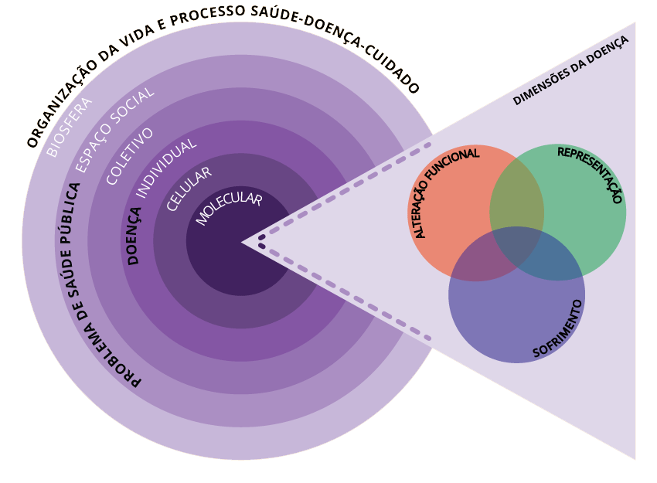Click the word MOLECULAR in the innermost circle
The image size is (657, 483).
coord(229,209)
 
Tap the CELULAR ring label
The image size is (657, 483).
coord(189,189)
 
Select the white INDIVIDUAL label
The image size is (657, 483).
coord(166,168)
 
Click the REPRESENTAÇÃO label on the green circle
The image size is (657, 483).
coord(590,174)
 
